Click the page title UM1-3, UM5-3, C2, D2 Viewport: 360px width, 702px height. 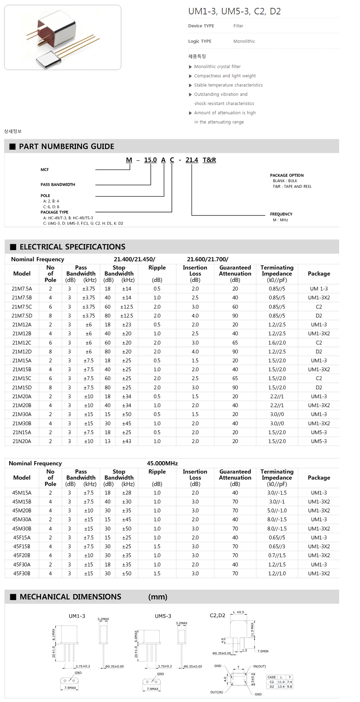coord(234,11)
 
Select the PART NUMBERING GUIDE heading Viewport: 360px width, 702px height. coord(66,146)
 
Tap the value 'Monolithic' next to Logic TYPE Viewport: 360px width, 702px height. coord(244,41)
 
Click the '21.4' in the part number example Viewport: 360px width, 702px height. coord(192,160)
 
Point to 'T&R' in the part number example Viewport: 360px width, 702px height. coord(209,160)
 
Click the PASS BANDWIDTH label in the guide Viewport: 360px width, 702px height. coord(58,184)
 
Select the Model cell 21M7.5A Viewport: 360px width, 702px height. coord(22,289)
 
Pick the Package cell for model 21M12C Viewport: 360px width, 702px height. coord(319,342)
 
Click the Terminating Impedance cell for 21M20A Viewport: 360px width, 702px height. coord(277,396)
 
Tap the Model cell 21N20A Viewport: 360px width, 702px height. coord(22,441)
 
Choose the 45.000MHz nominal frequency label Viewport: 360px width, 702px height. coord(162,463)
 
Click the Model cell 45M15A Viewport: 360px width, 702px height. coord(22,493)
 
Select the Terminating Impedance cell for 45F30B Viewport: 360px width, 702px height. coord(277,573)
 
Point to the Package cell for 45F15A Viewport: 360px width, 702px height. coord(319,537)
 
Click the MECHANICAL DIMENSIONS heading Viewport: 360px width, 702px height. coord(70,597)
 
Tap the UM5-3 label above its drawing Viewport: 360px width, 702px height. coord(163,616)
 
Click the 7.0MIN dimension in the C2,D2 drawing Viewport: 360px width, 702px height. coord(263,651)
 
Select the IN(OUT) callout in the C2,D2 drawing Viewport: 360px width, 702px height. coord(259,666)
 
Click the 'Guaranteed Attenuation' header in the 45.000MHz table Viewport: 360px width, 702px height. coord(235,474)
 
